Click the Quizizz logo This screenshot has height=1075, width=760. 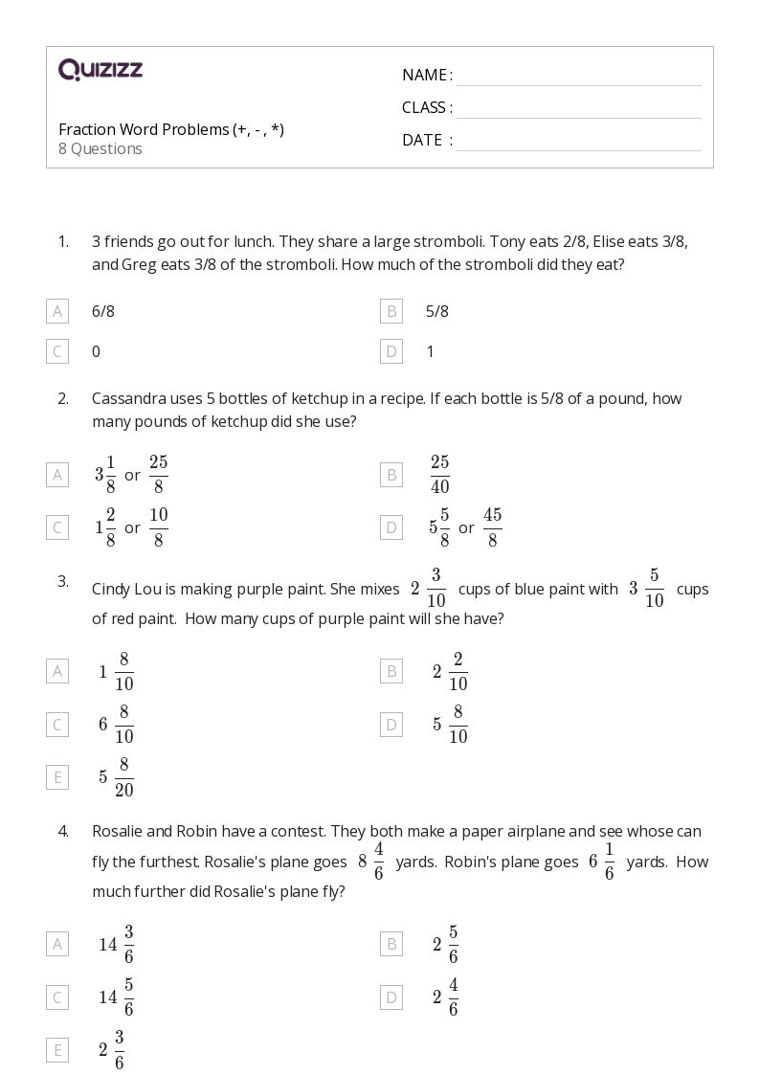(101, 69)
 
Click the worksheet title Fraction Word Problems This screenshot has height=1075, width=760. (170, 129)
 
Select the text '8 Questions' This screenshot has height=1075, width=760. (101, 149)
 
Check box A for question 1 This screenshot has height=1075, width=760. (57, 311)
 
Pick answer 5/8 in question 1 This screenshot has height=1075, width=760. (437, 311)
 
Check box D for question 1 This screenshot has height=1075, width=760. (391, 351)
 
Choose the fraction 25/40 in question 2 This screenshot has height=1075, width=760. (439, 475)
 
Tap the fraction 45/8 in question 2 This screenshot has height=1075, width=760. (492, 527)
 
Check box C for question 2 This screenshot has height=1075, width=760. (57, 527)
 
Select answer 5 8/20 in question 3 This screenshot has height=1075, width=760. (116, 777)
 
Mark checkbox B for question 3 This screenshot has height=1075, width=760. (391, 671)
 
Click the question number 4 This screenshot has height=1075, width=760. (63, 831)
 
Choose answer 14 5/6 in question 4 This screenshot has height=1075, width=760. (116, 997)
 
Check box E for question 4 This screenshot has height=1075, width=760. (57, 1050)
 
